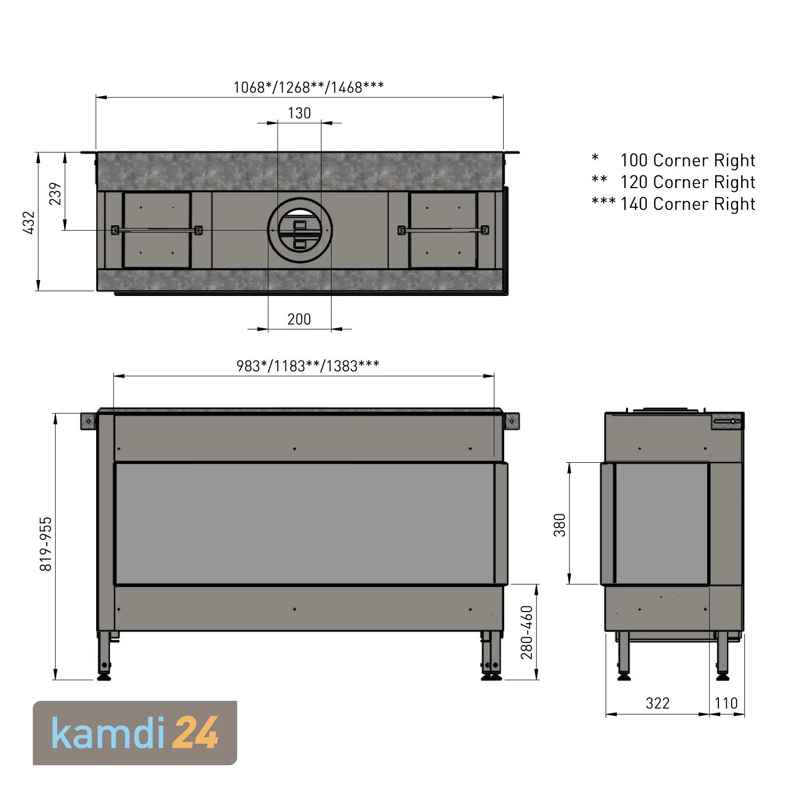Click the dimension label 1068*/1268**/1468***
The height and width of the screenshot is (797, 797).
308,87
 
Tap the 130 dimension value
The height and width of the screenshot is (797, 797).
299,113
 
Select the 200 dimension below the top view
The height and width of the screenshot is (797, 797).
299,319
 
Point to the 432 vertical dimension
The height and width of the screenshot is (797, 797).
29,222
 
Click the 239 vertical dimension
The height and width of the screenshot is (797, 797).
56,193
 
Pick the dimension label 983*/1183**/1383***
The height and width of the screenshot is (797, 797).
308,366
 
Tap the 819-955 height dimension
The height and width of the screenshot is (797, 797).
46,544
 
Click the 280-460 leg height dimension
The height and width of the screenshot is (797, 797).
527,632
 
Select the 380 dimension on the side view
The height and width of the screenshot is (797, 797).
560,524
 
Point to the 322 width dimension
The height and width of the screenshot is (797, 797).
657,703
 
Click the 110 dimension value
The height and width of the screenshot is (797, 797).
726,703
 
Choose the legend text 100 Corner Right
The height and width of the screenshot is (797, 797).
688,160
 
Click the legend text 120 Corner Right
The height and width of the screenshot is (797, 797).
688,182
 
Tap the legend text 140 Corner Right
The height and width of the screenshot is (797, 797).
688,204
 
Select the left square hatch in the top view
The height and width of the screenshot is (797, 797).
156,231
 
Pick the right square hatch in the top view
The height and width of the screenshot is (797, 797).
443,231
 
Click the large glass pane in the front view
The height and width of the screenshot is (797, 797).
304,523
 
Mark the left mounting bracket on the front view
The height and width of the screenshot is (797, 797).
88,421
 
